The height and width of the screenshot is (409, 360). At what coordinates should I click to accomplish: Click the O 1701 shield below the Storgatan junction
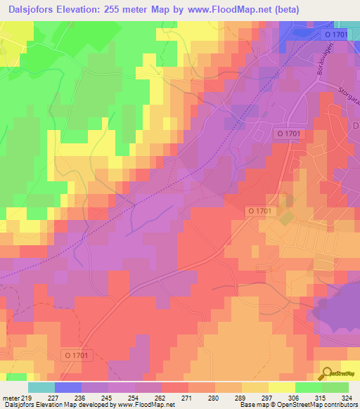tap(288, 133)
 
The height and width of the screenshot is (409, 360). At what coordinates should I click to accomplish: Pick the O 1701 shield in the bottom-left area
tap(74, 356)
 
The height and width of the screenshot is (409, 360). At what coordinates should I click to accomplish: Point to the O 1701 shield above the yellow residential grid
tap(261, 210)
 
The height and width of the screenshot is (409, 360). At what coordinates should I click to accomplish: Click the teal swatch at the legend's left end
tap(41, 387)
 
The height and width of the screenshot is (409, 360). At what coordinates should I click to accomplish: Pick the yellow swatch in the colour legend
tap(281, 387)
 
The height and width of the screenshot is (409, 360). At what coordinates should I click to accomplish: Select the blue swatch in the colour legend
tap(68, 387)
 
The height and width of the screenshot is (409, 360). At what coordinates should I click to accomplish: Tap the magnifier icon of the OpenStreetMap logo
tap(326, 373)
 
